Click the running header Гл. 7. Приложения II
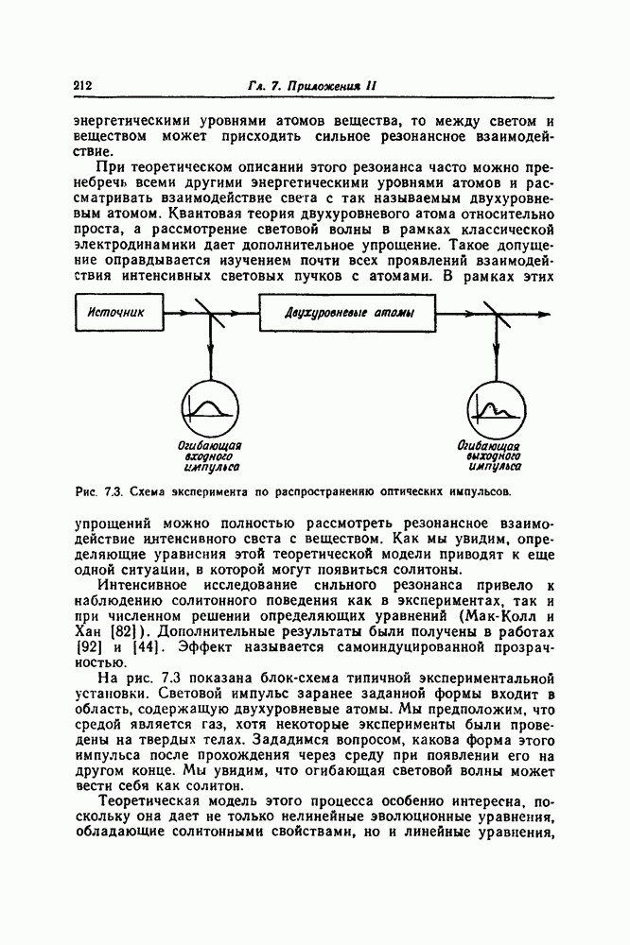coord(313,86)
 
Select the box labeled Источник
coord(118,312)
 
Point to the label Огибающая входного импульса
coord(211,455)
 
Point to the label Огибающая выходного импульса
coord(490,455)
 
